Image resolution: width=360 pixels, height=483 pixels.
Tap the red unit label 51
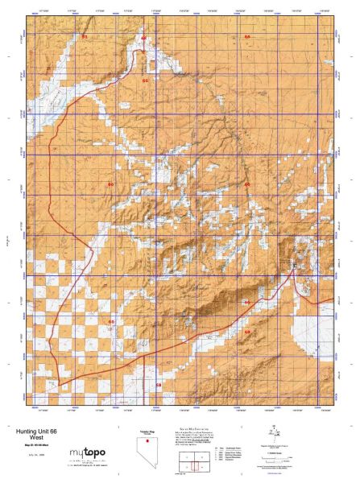(85, 37)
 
